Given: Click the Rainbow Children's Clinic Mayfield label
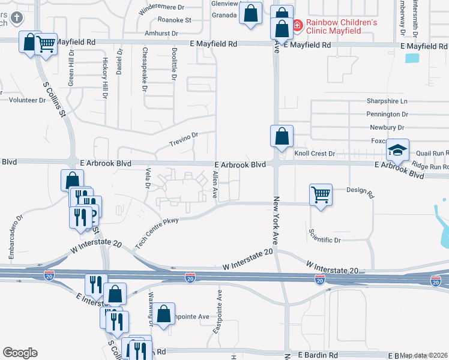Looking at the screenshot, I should tap(341, 28).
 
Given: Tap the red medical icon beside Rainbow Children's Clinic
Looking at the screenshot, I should tap(297, 25).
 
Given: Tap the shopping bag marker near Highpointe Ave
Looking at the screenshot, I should tap(163, 314).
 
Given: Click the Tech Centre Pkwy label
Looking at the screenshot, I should tap(157, 233).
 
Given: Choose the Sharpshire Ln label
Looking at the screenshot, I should tap(387, 101).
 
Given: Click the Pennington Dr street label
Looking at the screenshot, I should tap(387, 114).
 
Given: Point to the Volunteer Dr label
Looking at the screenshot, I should tap(26, 100).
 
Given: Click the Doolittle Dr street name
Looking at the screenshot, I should tap(173, 65).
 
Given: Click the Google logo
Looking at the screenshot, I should tap(20, 353).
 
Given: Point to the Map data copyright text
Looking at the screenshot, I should tap(424, 356).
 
